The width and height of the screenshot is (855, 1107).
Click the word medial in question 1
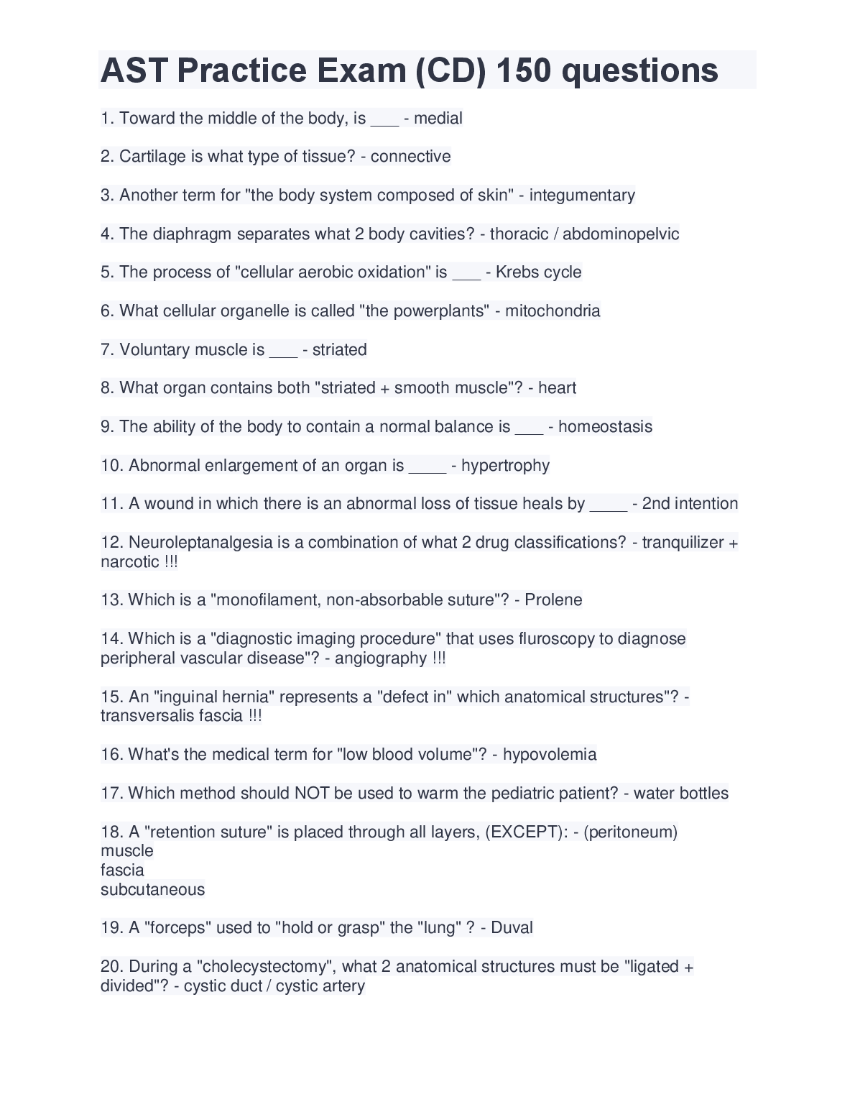[x=438, y=118]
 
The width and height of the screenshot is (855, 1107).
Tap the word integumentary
[x=582, y=196]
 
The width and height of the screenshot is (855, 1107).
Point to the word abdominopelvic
[x=621, y=234]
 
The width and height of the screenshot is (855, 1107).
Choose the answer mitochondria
[x=553, y=311]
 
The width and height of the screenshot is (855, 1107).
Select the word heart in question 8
[x=558, y=388]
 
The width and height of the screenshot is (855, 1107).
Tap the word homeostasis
[x=605, y=427]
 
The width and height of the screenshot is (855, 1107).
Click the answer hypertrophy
[x=505, y=466]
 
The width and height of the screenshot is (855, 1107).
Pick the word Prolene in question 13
[x=553, y=600]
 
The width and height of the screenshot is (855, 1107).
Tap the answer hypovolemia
[x=550, y=755]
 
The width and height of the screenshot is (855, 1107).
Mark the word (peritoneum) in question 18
[x=631, y=832]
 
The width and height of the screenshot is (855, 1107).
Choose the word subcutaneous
[x=152, y=890]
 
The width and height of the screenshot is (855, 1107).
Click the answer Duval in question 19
[x=512, y=928]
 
